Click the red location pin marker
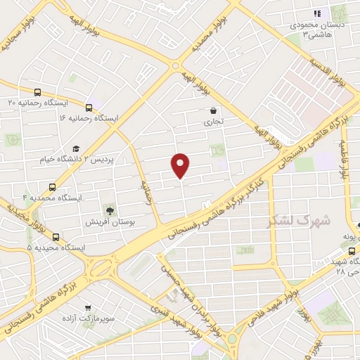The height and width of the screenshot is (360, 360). (181, 165)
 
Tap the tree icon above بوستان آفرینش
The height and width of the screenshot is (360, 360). (109, 210)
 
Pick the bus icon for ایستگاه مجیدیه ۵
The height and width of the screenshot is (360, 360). (56, 237)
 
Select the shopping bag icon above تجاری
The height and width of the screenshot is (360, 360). (213, 110)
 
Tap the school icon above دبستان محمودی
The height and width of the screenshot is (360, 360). (317, 13)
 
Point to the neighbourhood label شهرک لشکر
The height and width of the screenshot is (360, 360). (293, 220)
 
